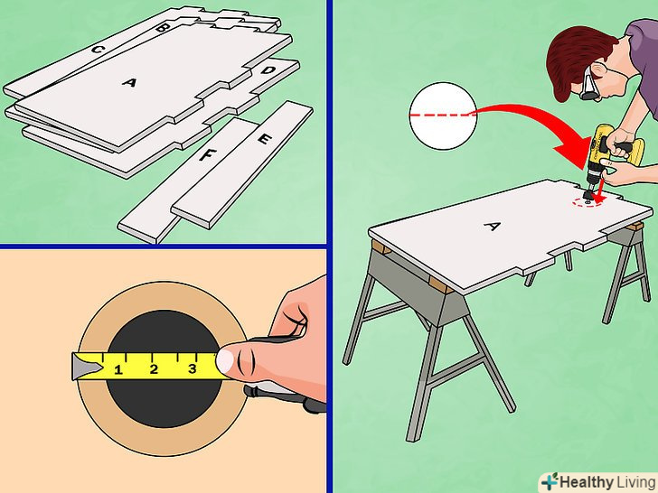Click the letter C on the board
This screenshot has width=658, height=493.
(x=97, y=50)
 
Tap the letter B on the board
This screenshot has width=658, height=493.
(x=162, y=28)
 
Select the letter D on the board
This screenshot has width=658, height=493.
(x=268, y=70)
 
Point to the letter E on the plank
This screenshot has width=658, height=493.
(x=264, y=139)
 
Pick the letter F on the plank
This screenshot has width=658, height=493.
(x=206, y=155)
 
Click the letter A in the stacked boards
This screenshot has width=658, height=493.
(x=129, y=82)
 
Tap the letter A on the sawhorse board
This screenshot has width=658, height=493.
(x=493, y=227)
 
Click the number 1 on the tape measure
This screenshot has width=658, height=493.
(x=118, y=370)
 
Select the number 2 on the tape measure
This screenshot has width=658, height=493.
(x=154, y=369)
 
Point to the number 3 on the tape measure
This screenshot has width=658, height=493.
(x=192, y=368)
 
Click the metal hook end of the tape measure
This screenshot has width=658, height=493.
(x=86, y=367)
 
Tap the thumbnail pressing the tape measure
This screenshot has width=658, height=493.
(x=225, y=361)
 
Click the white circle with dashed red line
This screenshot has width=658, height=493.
(x=443, y=116)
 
